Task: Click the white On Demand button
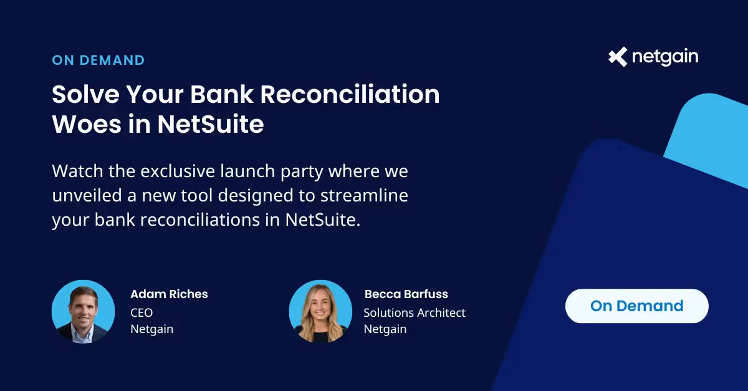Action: (x=636, y=306)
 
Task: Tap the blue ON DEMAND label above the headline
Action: (x=98, y=60)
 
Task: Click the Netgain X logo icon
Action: (x=618, y=57)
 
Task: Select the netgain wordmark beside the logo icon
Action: (x=664, y=57)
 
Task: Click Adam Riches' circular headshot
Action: (x=83, y=311)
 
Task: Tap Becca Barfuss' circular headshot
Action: (x=320, y=311)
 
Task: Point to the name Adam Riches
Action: (x=169, y=294)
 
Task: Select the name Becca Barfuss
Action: (x=406, y=294)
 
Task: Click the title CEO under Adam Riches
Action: (x=141, y=312)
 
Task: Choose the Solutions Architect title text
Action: (x=415, y=312)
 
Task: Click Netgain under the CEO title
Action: (x=151, y=329)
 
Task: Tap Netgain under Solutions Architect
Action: (x=385, y=329)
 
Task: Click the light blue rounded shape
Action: (x=711, y=134)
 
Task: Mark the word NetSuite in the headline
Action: (x=211, y=124)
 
